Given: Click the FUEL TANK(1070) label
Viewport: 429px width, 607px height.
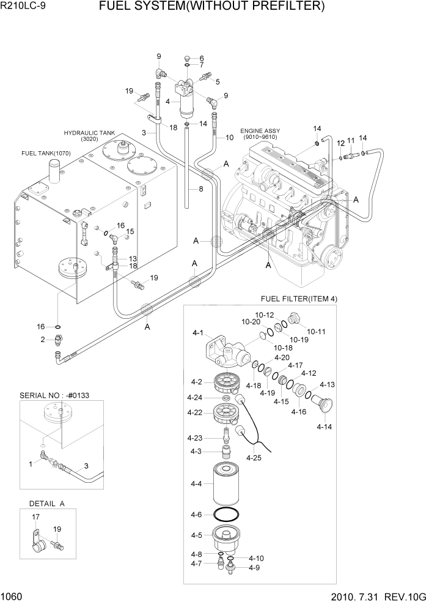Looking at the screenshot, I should [x=46, y=153].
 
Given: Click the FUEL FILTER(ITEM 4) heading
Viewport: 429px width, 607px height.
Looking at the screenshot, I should [x=299, y=299].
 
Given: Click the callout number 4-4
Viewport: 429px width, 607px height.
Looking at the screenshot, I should [x=197, y=483].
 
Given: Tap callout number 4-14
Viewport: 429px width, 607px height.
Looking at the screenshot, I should [x=325, y=426].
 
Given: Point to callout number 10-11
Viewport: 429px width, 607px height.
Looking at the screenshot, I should [x=317, y=331].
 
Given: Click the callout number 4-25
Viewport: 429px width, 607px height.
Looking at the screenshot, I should [x=253, y=456].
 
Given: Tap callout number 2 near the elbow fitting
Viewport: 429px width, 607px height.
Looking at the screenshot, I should [x=43, y=340].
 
